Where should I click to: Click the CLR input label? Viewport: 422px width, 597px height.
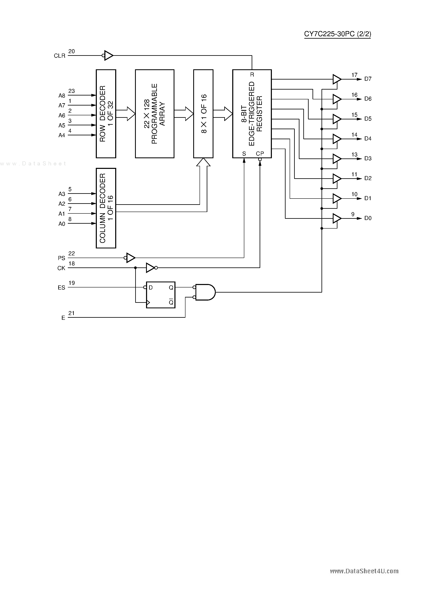[x=59, y=56]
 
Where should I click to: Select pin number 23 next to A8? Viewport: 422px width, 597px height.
[x=71, y=91]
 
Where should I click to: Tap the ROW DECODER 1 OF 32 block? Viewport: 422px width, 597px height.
[x=106, y=114]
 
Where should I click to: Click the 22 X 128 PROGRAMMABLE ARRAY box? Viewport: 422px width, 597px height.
[x=155, y=114]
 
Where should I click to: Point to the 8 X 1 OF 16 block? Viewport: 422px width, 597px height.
[x=203, y=114]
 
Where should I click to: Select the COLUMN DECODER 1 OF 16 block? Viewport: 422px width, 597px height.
[x=106, y=208]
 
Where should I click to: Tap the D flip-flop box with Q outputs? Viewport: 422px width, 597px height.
[x=161, y=295]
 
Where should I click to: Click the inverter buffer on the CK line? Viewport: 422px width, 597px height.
[x=151, y=268]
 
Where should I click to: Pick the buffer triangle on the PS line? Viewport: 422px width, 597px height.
[x=131, y=258]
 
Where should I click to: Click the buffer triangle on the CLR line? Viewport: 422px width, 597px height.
[x=108, y=55]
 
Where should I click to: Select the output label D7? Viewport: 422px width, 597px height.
[x=368, y=79]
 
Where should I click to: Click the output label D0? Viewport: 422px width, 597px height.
[x=368, y=218]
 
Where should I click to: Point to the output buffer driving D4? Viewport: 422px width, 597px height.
[x=337, y=139]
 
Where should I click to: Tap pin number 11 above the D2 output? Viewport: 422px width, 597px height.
[x=354, y=174]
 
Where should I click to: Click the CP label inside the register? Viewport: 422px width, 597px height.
[x=260, y=154]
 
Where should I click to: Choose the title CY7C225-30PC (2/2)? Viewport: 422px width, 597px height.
[x=337, y=34]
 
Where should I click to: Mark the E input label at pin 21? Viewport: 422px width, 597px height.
[x=63, y=318]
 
